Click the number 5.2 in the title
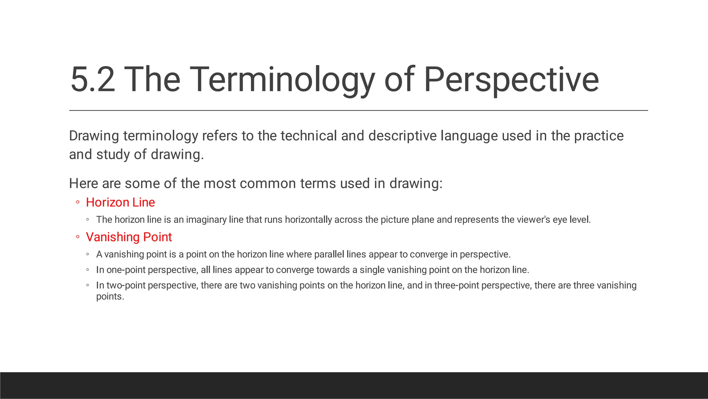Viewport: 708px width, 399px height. pos(93,80)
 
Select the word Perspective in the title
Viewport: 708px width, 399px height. pos(511,80)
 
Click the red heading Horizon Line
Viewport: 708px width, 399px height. pos(120,202)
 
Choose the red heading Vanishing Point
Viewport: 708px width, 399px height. pos(129,237)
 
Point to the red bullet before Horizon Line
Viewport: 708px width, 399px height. pos(78,202)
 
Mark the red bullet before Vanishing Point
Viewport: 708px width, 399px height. pos(78,237)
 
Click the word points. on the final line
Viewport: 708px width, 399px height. pos(110,297)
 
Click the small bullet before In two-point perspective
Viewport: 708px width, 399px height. pos(88,285)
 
